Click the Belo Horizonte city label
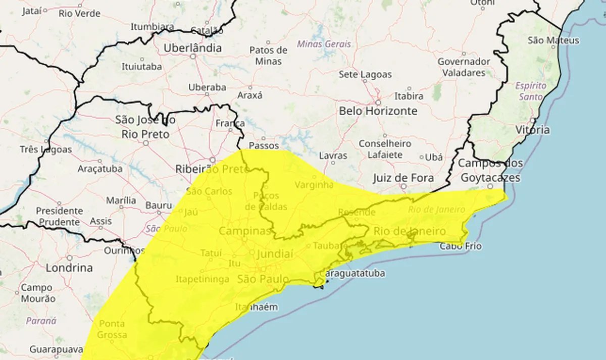(378, 111)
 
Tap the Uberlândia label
(192, 48)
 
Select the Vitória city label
(532, 130)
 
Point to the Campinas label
(245, 231)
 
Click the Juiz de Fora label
(403, 178)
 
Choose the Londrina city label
(69, 268)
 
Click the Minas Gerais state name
(324, 44)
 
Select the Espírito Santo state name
(529, 91)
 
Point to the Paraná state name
(41, 321)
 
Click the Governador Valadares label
(464, 67)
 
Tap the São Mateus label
(553, 40)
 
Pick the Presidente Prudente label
(60, 216)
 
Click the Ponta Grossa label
(113, 328)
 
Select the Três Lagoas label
(45, 150)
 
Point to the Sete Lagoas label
(365, 75)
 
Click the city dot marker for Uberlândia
(193, 57)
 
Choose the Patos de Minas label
(269, 56)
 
